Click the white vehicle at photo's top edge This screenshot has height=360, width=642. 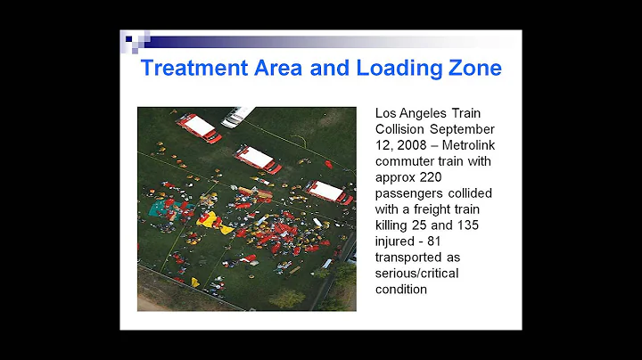tap(238, 117)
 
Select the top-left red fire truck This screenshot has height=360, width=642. tap(199, 127)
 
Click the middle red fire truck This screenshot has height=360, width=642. tap(258, 160)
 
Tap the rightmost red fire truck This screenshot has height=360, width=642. tap(327, 192)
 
